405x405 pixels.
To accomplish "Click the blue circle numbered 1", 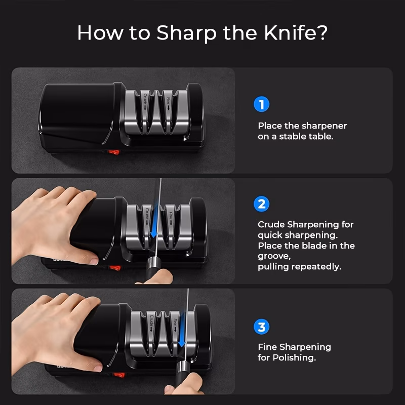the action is (x=261, y=104).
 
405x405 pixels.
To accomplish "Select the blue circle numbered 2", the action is (x=261, y=204).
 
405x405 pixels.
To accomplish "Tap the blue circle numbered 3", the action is (x=261, y=327).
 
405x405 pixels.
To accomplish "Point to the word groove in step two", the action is (x=273, y=257).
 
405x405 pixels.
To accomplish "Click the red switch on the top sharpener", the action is (x=113, y=152).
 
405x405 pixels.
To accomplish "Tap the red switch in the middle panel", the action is (x=115, y=268).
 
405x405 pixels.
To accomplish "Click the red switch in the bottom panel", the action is (x=119, y=375).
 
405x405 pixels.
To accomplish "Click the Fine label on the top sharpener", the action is (x=169, y=103).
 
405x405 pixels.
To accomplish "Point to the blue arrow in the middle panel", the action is (x=154, y=221).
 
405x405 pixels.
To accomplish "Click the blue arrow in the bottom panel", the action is (x=182, y=330).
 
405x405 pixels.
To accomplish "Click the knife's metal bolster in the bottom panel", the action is (x=183, y=368).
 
